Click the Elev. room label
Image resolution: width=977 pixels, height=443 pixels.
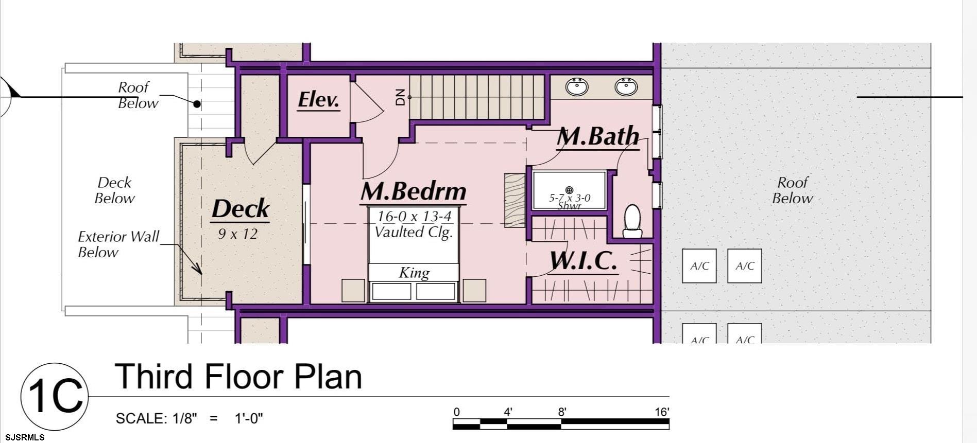click(318, 99)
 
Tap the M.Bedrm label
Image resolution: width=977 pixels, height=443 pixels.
click(414, 191)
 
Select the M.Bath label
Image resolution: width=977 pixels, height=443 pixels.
click(598, 136)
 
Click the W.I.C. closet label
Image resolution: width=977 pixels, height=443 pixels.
click(583, 261)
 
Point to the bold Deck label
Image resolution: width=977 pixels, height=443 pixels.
click(241, 208)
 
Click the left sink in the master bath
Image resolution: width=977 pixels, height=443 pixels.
click(577, 86)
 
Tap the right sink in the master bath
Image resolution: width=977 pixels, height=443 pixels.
click(626, 86)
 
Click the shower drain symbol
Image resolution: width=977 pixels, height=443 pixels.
click(569, 190)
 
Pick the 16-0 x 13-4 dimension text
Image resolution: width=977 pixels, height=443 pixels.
click(414, 217)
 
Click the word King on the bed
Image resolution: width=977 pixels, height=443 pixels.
click(414, 272)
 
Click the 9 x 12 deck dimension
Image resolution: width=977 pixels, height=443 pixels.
click(237, 234)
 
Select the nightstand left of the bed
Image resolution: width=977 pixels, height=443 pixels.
click(353, 290)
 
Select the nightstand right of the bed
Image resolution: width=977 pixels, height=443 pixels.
click(474, 290)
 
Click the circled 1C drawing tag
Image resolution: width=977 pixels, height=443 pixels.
click(55, 396)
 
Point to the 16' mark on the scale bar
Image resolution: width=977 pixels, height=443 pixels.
click(662, 412)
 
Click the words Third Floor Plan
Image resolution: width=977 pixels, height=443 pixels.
click(238, 376)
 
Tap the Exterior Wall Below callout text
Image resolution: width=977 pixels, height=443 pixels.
click(118, 244)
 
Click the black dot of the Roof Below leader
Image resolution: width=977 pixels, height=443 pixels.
click(197, 104)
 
